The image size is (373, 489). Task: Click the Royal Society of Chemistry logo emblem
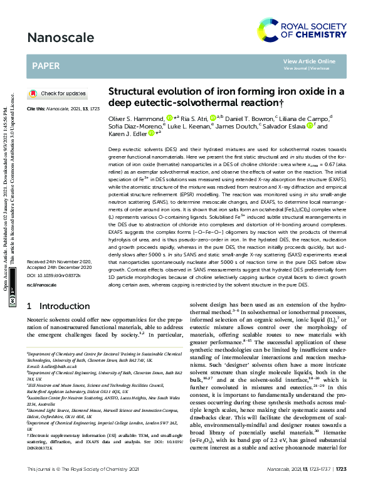coord(271,29)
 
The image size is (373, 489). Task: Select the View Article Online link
coord(309,61)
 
